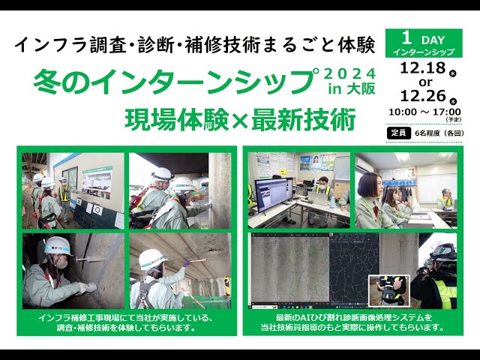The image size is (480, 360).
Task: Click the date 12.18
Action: pyautogui.click(x=422, y=67)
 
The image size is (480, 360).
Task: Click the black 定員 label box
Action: pyautogui.click(x=397, y=133)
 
